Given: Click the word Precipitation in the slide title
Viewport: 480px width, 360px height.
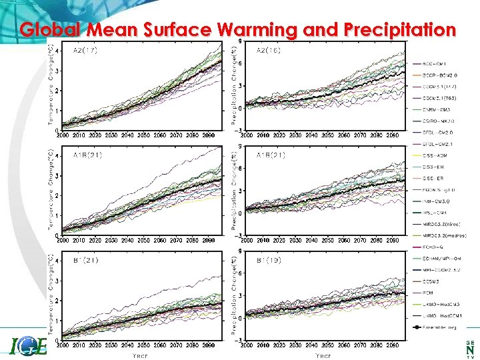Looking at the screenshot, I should pos(400,30).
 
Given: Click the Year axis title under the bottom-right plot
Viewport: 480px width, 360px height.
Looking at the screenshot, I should pos(323,355).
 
